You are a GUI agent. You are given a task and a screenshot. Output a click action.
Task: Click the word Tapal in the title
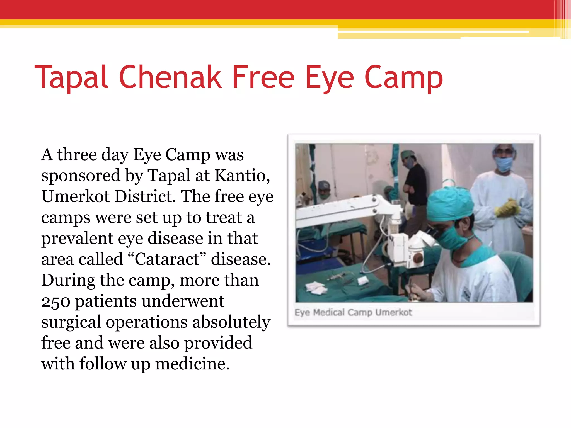[x=71, y=77]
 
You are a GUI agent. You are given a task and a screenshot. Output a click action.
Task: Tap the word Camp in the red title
[x=403, y=77]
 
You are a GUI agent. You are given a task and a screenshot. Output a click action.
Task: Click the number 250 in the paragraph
[x=56, y=301]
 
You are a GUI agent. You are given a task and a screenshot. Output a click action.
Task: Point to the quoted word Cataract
[x=167, y=259]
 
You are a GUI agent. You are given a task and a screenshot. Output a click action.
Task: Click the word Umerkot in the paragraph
[x=76, y=196]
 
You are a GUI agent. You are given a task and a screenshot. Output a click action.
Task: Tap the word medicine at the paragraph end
[x=192, y=364]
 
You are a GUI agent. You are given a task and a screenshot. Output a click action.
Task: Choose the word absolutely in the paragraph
[x=231, y=322]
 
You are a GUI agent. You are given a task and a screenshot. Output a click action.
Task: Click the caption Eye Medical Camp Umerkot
[x=353, y=313]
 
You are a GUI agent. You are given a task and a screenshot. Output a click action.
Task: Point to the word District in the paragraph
[x=145, y=196]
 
